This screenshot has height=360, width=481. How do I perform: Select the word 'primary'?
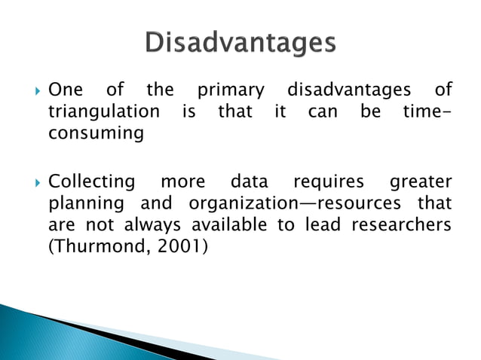point(231,91)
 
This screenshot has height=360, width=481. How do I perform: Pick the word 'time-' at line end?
point(425,111)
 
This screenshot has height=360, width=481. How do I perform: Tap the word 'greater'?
point(421,182)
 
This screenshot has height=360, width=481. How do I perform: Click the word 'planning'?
point(80,203)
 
